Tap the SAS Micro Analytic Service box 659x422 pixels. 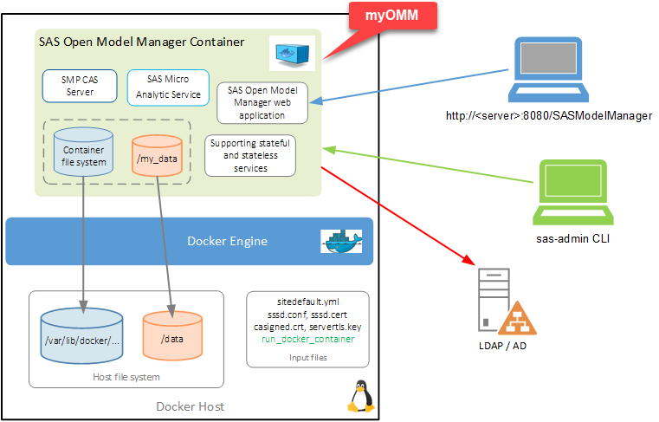pos(168,87)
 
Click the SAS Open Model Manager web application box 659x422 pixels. pos(262,102)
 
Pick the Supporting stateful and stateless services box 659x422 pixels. pos(250,155)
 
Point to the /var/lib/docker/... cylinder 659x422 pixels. pos(84,339)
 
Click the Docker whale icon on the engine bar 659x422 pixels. pos(340,242)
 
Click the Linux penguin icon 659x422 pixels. pos(360,397)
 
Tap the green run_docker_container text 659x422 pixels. pos(307,339)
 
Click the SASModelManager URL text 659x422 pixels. pos(548,115)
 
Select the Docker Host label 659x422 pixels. pos(190,406)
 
